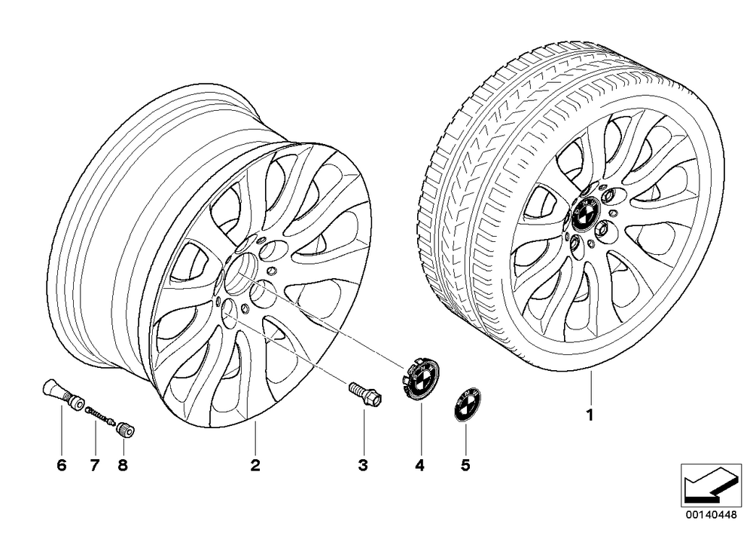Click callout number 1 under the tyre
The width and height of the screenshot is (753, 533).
click(590, 415)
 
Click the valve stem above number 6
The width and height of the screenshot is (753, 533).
click(62, 393)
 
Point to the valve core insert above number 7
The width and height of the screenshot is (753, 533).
click(100, 415)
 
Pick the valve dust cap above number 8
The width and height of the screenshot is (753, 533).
click(125, 429)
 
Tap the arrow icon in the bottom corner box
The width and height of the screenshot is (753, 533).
click(711, 483)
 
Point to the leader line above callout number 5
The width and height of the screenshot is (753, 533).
click(465, 437)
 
